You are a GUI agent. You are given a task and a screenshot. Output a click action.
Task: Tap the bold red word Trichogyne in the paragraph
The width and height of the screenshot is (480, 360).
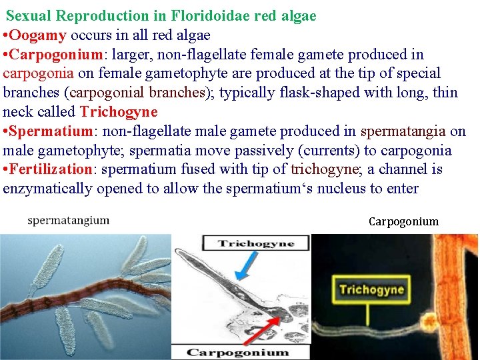point(119,111)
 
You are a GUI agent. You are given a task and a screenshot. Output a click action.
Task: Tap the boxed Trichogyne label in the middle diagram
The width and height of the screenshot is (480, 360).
point(257,243)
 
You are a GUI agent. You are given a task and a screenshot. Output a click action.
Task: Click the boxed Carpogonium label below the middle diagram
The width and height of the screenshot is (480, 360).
point(237,352)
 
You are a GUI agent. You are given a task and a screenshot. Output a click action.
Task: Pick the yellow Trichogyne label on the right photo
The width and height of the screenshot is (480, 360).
point(371,289)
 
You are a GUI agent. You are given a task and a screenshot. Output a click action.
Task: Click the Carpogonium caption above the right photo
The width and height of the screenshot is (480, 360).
point(403,221)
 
